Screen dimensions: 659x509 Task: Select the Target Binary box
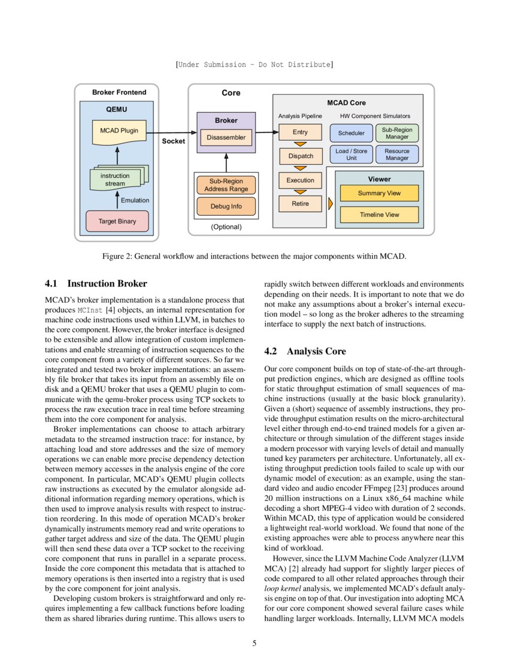[117, 221]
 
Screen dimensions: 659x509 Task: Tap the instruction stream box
[115, 179]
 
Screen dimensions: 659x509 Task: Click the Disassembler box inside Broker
[226, 138]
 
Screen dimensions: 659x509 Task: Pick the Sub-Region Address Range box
[226, 185]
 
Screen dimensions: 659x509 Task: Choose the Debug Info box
[226, 207]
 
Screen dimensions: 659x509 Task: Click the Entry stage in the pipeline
[300, 132]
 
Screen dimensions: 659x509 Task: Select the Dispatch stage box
[300, 156]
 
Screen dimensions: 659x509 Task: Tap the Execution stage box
[300, 180]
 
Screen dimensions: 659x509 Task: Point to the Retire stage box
[300, 204]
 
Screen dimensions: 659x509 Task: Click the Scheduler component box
[351, 133]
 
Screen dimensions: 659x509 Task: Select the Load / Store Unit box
[351, 155]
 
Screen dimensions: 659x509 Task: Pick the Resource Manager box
[397, 155]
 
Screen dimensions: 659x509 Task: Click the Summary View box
[379, 194]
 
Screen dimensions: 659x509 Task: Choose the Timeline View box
[379, 215]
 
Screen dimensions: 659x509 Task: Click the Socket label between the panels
[174, 141]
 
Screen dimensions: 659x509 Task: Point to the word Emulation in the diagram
[135, 200]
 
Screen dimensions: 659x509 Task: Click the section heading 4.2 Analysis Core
[305, 351]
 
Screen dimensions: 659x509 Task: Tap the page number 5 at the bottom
[255, 643]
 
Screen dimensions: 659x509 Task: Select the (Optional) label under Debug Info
[226, 227]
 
